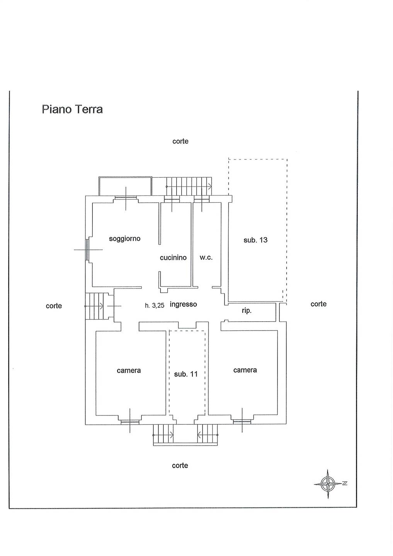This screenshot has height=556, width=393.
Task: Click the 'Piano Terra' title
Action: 72,109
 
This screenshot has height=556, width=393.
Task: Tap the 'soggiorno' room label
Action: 124,239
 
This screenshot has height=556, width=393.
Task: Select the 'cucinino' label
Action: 173,258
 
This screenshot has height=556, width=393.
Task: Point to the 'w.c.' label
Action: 206,258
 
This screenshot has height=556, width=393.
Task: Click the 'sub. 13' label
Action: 255,240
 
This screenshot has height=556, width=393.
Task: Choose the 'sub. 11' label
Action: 186,374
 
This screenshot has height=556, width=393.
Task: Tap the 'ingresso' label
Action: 183,304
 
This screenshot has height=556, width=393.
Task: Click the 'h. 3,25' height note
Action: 155,305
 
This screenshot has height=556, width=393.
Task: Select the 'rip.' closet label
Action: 247,310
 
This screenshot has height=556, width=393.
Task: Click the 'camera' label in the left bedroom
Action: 129,371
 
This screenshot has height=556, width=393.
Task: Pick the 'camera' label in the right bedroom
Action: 245,370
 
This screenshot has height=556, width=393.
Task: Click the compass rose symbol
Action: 328,483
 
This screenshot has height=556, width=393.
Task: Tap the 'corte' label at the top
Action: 180,141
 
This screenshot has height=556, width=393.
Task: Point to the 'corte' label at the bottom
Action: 180,466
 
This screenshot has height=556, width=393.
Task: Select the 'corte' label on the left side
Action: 54,306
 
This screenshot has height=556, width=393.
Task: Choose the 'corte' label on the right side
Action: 318,304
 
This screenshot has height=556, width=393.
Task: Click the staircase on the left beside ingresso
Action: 95,306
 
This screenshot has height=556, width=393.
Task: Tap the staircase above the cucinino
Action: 189,186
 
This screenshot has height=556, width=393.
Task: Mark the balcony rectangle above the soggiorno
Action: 125,186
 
